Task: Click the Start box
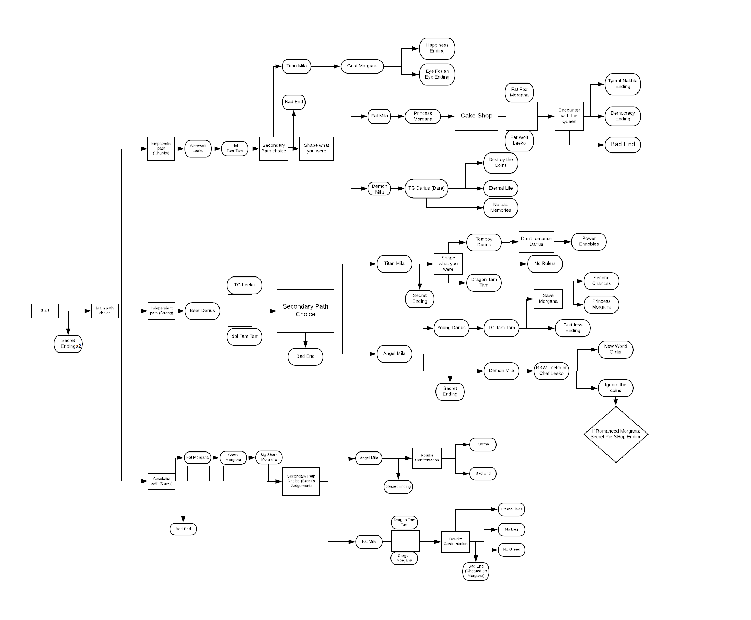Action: click(45, 311)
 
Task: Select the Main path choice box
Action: click(105, 311)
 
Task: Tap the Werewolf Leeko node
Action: click(198, 149)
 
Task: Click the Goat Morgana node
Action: click(362, 66)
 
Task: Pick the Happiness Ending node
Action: click(437, 48)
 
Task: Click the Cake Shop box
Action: click(476, 116)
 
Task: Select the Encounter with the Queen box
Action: click(569, 116)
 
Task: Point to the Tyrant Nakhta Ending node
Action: click(623, 84)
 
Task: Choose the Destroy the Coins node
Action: click(500, 162)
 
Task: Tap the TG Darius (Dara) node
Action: click(426, 188)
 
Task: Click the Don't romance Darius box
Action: click(536, 241)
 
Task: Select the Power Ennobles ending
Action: click(589, 241)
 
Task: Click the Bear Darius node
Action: click(202, 311)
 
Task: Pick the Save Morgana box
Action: click(548, 299)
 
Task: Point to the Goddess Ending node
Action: click(573, 328)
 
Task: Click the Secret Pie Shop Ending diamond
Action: click(616, 434)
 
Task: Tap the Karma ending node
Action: click(483, 444)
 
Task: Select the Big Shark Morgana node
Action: click(269, 457)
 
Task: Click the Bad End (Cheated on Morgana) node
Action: click(475, 571)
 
